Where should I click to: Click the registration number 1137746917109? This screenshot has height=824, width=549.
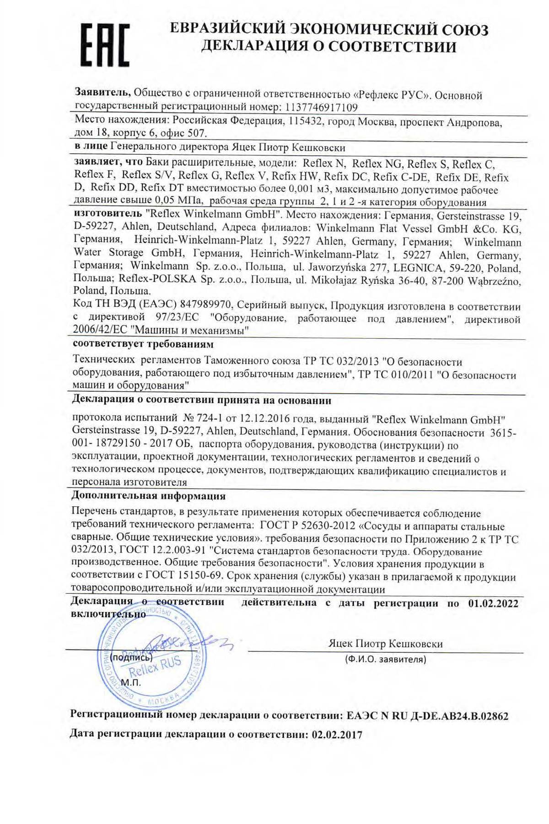tap(321, 108)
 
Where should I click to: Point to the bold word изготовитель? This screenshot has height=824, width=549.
tap(108, 213)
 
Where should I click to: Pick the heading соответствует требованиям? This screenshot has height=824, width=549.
tap(143, 343)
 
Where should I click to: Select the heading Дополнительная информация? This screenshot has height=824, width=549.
tap(148, 496)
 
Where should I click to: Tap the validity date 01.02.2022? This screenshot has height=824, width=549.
tap(493, 603)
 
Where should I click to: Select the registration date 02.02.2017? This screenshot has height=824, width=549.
tap(337, 735)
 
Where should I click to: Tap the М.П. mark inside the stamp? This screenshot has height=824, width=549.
tap(131, 682)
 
